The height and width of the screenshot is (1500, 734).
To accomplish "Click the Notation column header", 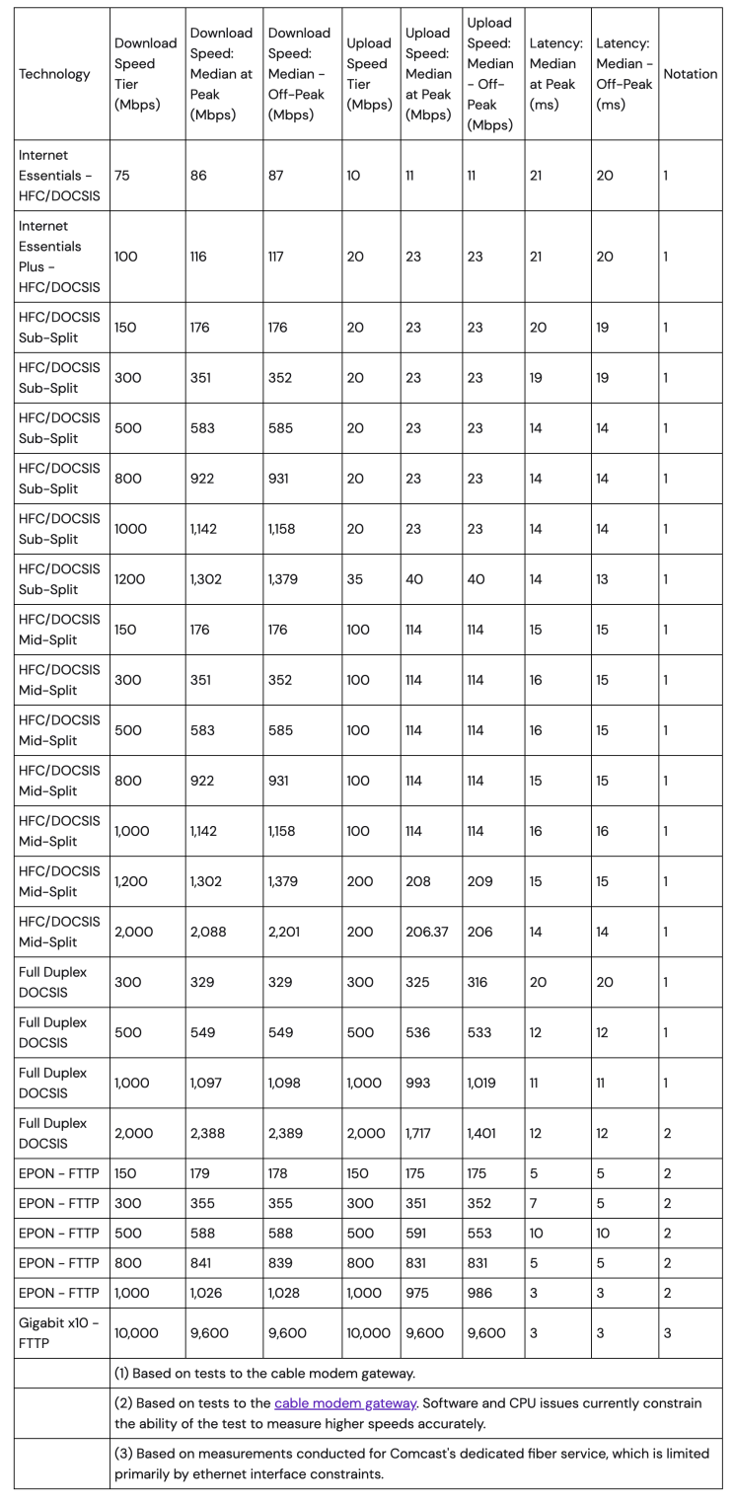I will pyautogui.click(x=690, y=74).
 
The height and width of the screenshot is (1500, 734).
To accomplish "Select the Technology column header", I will pyautogui.click(x=54, y=74).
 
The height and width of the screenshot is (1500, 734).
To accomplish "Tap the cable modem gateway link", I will pyautogui.click(x=345, y=1403).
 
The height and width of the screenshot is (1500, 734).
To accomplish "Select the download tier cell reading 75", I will pyautogui.click(x=124, y=175).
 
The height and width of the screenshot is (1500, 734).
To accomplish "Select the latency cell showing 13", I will pyautogui.click(x=603, y=579).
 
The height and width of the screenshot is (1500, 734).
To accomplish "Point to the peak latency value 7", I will pyautogui.click(x=533, y=1210).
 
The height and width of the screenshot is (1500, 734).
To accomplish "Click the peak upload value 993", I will pyautogui.click(x=417, y=1083).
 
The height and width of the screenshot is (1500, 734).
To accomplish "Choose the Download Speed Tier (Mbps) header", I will pyautogui.click(x=145, y=74).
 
